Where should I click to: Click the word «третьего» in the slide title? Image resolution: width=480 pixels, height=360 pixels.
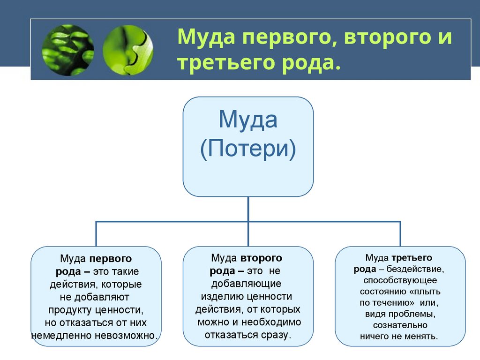pyautogui.click(x=217, y=61)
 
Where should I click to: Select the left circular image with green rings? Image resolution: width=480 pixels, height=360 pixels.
pyautogui.click(x=68, y=50)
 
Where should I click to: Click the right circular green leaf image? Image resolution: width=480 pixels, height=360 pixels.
pyautogui.click(x=127, y=50)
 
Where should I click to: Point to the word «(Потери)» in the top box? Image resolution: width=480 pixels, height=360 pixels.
pyautogui.click(x=248, y=150)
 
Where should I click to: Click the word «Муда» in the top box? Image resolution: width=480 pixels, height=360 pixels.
pyautogui.click(x=248, y=120)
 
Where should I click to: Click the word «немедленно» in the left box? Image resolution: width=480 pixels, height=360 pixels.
pyautogui.click(x=62, y=336)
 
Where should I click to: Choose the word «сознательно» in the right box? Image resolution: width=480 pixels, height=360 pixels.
pyautogui.click(x=400, y=325)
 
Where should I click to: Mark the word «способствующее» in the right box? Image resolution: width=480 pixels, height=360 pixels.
pyautogui.click(x=400, y=280)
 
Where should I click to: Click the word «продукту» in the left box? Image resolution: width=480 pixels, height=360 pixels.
pyautogui.click(x=70, y=310)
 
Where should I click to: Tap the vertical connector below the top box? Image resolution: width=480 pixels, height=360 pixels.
pyautogui.click(x=248, y=209)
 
